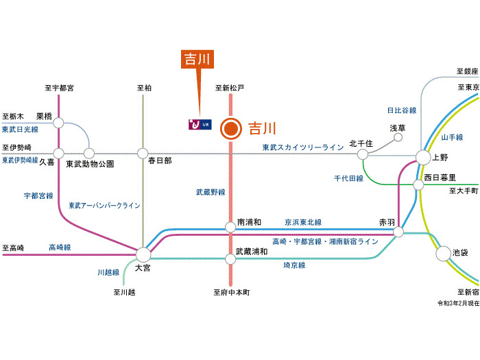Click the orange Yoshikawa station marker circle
(231, 128)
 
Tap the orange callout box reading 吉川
(197, 59)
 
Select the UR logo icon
(199, 124)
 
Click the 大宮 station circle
(143, 254)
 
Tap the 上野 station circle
(422, 157)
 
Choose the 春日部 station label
(160, 160)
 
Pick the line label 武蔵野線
(211, 193)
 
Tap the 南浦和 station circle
(231, 227)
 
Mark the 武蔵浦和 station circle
(231, 259)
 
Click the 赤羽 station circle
(398, 232)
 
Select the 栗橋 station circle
(59, 123)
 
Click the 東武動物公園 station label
(90, 165)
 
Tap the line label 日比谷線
(402, 110)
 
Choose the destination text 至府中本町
(232, 293)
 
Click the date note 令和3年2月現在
(459, 302)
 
